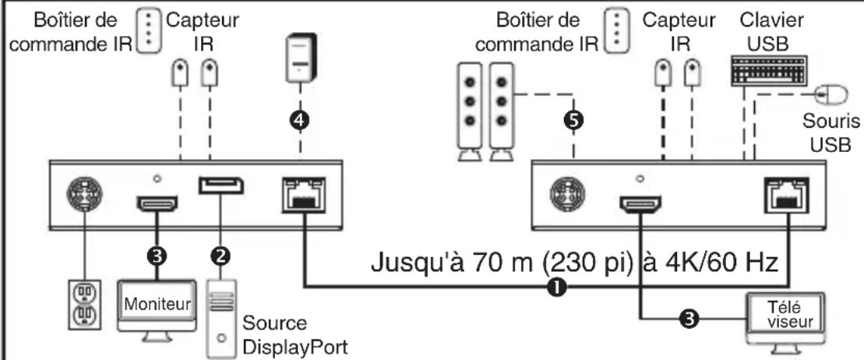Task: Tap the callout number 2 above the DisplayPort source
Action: [221, 255]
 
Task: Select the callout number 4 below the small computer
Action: [300, 120]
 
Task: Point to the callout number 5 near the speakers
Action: [574, 120]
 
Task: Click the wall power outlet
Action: [84, 304]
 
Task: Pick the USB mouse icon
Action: [831, 95]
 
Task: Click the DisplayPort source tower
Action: [221, 317]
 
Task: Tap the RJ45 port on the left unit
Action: [303, 195]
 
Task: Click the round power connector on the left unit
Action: [84, 195]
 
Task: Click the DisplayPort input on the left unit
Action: [221, 186]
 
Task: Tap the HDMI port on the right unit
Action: [641, 204]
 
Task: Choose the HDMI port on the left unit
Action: [157, 203]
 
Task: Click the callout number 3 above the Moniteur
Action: [157, 255]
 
